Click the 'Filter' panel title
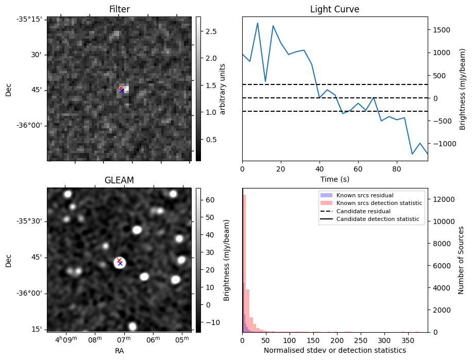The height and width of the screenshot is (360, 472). point(119,9)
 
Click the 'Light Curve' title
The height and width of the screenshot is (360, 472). point(334,9)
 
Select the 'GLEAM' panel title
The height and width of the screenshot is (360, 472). point(119,180)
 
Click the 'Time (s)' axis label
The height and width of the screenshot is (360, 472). point(334,179)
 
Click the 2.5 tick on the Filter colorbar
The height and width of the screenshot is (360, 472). point(210,31)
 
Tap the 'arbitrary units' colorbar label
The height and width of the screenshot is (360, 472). point(223,89)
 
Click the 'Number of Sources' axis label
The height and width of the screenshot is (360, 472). point(461,260)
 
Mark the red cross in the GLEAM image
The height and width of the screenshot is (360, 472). point(119,261)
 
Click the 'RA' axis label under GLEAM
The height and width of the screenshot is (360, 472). point(119,351)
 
